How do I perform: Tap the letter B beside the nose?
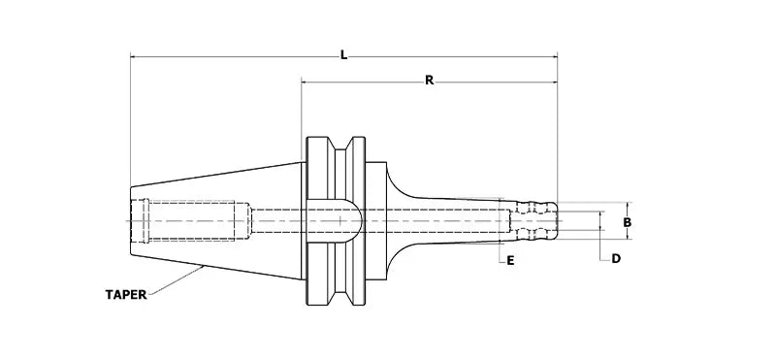pos(628,222)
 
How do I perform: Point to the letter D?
pos(615,259)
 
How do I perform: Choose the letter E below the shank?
pos(510,259)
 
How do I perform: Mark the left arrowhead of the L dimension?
pos(134,58)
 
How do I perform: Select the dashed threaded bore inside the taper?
pos(194,221)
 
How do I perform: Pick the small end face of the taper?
pos(130,221)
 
